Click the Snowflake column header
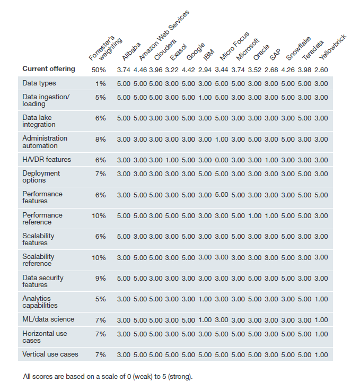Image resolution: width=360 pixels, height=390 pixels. [298, 48]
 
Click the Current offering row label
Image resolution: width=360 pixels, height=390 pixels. [49, 69]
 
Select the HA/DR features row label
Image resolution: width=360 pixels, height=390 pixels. [47, 159]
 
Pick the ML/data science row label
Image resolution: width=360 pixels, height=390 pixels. [48, 319]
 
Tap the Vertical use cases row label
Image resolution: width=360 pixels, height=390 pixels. [50, 354]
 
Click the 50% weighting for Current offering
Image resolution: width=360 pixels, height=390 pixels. [99, 70]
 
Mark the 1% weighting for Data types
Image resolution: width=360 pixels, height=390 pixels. [101, 83]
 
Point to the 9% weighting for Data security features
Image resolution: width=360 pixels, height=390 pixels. [101, 278]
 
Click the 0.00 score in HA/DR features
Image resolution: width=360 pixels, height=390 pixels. [222, 160]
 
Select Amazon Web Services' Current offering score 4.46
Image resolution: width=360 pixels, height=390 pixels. [140, 70]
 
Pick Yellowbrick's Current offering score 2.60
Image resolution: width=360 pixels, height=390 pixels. [321, 70]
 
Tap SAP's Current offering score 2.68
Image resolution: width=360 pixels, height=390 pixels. [271, 70]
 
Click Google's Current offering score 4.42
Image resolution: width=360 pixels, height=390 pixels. [189, 70]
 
